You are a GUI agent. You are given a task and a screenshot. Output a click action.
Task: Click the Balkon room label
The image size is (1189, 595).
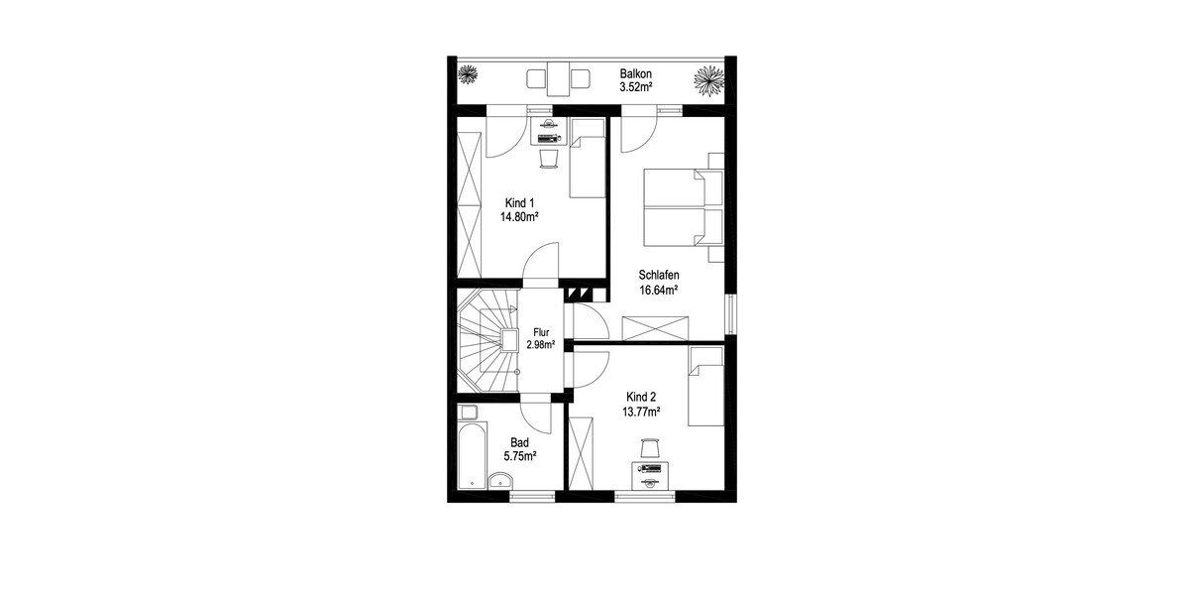[635, 73]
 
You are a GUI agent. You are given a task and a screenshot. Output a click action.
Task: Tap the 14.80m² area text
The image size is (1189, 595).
[519, 217]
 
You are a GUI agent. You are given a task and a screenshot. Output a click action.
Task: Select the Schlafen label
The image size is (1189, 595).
[659, 276]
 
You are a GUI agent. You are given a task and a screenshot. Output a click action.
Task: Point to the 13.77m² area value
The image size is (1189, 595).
[641, 412]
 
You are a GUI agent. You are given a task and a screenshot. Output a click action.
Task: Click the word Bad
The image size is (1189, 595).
[519, 442]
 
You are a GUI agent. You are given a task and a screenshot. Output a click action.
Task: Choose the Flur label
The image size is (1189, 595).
[541, 332]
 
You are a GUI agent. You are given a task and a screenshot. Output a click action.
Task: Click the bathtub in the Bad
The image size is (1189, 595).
[473, 455]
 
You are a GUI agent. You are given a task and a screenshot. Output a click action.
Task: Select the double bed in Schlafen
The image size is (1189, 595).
[684, 207]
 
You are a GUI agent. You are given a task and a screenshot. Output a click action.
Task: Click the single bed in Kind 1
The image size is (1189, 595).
[588, 159]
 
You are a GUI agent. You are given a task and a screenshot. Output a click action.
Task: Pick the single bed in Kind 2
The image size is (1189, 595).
[705, 386]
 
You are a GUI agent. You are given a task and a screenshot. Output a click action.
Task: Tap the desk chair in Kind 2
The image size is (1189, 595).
[650, 448]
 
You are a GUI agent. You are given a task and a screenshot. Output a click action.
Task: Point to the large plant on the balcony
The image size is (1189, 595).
[709, 81]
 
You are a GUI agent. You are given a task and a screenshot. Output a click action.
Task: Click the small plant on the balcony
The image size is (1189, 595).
[468, 74]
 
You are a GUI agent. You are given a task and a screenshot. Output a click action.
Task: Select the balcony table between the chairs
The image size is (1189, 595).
[558, 79]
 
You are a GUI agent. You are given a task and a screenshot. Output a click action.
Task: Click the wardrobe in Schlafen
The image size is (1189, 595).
[655, 328]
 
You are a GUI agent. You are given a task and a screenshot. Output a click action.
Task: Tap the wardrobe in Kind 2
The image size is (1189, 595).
[581, 454]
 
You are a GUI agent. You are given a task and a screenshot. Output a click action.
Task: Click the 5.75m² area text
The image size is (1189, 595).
[519, 456]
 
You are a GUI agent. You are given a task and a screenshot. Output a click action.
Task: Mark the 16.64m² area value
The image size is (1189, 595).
[659, 290]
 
